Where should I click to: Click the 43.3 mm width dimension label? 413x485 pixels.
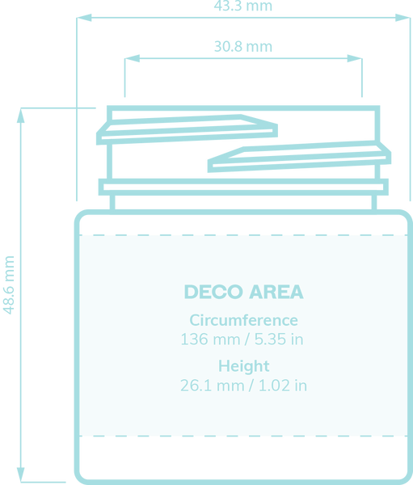click(242, 6)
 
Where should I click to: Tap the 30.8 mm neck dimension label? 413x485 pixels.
click(243, 46)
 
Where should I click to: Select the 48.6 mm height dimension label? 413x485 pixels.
click(8, 285)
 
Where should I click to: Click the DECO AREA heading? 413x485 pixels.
click(244, 292)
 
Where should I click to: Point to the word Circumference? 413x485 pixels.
click(244, 320)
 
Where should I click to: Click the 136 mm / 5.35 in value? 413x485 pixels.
click(242, 339)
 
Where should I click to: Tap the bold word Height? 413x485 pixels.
click(244, 366)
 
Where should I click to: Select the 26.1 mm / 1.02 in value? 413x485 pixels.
click(243, 386)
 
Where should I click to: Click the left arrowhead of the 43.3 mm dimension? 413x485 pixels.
click(84, 18)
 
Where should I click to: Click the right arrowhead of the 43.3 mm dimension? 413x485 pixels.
click(402, 18)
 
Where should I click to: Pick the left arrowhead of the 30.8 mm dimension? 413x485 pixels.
click(133, 58)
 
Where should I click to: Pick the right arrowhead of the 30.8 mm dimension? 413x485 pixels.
click(355, 58)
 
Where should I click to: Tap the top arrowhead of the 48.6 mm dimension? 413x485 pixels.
click(21, 116)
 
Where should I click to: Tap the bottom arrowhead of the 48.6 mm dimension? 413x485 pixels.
click(21, 474)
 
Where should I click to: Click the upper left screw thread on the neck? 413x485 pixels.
click(187, 129)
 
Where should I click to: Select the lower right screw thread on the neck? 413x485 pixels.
click(300, 157)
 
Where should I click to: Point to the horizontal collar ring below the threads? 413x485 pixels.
click(243, 187)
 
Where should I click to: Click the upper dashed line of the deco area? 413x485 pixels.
click(243, 235)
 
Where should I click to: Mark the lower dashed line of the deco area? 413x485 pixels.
click(243, 436)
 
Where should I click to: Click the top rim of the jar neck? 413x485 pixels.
click(243, 108)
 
